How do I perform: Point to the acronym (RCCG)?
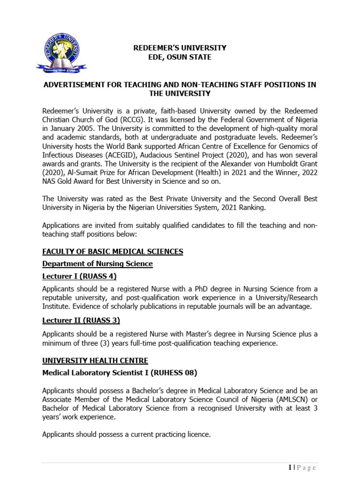[x=124, y=119]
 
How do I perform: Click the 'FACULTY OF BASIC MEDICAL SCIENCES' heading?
[x=112, y=252]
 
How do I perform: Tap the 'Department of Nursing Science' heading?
[x=97, y=264]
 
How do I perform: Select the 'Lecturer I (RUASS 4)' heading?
[x=79, y=276]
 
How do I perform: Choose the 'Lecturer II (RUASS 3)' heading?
[x=81, y=321]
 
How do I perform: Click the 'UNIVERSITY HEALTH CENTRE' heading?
[x=95, y=360]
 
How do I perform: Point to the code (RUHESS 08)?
[x=170, y=373]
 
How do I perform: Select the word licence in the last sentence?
[x=197, y=435]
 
